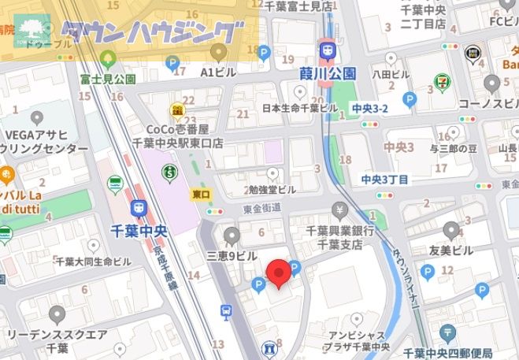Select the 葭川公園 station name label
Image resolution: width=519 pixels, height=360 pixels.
pyautogui.click(x=328, y=74)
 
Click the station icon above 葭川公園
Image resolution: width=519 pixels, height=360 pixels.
pyautogui.click(x=327, y=50)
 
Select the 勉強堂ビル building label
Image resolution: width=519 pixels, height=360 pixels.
pyautogui.click(x=272, y=189)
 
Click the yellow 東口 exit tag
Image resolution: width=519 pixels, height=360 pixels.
pyautogui.click(x=201, y=193)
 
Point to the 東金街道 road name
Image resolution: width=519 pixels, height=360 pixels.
pyautogui.click(x=262, y=208)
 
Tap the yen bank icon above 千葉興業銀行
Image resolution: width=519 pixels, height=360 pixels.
pyautogui.click(x=339, y=210)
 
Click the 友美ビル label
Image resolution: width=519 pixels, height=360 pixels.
pyautogui.click(x=450, y=251)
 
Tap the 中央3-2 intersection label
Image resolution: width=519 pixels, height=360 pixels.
pyautogui.click(x=369, y=108)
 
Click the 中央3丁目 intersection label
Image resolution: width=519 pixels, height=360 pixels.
pyautogui.click(x=385, y=180)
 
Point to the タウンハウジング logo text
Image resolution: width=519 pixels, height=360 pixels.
pyautogui.click(x=150, y=32)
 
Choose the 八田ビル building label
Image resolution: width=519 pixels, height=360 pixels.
pyautogui.click(x=391, y=74)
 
